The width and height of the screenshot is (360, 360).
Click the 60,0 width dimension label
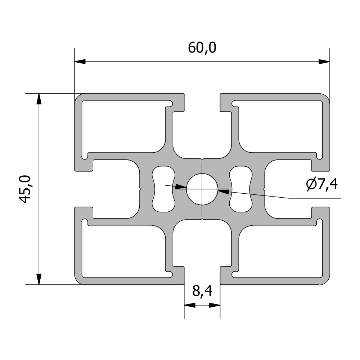pos(202,48)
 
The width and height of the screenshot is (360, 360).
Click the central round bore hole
pos(202,189)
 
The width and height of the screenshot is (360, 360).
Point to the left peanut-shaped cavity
pos(163,189)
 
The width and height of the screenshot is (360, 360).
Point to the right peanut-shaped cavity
pos(241,189)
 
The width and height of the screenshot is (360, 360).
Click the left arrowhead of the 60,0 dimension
pos(80,62)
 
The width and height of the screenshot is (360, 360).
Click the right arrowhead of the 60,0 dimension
pos(324,62)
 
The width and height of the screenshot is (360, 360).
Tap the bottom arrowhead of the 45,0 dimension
pos(39,279)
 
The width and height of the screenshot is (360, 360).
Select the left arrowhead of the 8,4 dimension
pos(189,305)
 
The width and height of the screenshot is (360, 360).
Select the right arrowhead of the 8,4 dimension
pos(215,305)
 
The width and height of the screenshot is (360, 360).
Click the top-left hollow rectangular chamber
pos(124,126)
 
